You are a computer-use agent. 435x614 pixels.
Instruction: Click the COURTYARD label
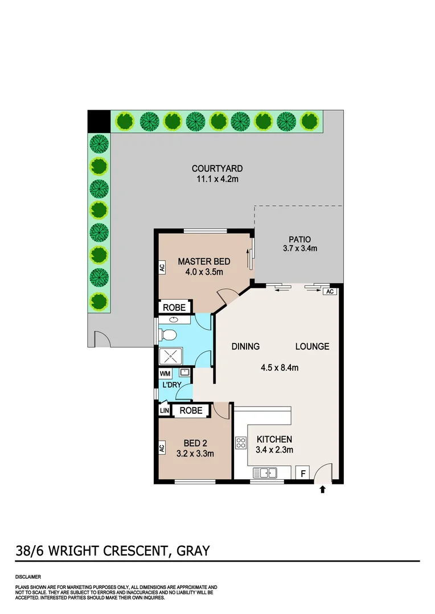click(x=217, y=168)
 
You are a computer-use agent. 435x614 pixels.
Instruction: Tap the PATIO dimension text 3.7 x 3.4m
click(x=299, y=248)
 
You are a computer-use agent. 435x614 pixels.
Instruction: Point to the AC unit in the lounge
click(x=329, y=292)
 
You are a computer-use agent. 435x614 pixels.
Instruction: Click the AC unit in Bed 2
click(x=161, y=448)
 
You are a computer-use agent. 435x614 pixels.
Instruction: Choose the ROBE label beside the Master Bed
click(x=174, y=307)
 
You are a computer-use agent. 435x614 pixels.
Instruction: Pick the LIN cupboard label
click(x=164, y=410)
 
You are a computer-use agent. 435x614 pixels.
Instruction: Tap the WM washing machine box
click(x=165, y=374)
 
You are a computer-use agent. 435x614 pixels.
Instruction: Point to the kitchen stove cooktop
click(x=240, y=442)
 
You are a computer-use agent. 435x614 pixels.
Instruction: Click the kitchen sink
click(x=265, y=472)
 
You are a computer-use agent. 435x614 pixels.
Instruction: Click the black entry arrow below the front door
click(x=323, y=489)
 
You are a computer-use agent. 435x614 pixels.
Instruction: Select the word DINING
click(x=245, y=346)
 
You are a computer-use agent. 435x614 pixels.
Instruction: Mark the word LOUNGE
click(x=312, y=346)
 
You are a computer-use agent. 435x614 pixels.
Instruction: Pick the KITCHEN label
click(x=274, y=439)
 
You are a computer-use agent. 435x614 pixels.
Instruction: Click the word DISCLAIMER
click(x=27, y=576)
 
